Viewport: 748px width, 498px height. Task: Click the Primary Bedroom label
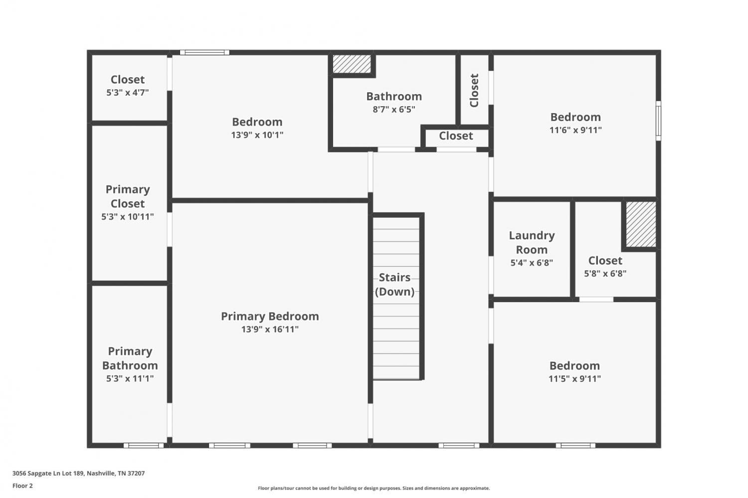click(270, 316)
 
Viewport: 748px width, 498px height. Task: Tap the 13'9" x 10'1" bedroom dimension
click(257, 135)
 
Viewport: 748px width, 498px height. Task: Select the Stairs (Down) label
click(395, 284)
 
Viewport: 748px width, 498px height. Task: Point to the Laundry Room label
click(532, 242)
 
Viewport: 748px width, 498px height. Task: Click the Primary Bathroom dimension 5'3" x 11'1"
click(130, 378)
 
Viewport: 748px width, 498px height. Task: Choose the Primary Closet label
click(128, 196)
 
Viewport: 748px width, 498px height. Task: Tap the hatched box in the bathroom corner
click(352, 64)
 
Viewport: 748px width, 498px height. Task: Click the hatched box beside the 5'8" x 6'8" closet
click(641, 224)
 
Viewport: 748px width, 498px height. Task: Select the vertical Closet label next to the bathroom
click(474, 90)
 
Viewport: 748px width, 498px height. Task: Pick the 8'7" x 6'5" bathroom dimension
click(394, 110)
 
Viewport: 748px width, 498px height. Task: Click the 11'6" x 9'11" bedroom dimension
click(575, 130)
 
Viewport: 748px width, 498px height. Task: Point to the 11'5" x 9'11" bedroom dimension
click(574, 378)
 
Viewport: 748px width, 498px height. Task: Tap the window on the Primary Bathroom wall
click(144, 445)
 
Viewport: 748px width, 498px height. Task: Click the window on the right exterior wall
click(658, 121)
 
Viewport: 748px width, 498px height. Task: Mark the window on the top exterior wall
click(204, 52)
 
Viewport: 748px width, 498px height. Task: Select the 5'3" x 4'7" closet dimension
click(128, 92)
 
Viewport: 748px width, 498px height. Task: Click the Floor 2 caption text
click(23, 486)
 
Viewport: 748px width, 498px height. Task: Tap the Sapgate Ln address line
click(78, 473)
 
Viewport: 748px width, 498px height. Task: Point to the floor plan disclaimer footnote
click(374, 488)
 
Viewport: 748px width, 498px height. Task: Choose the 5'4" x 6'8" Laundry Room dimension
click(532, 263)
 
